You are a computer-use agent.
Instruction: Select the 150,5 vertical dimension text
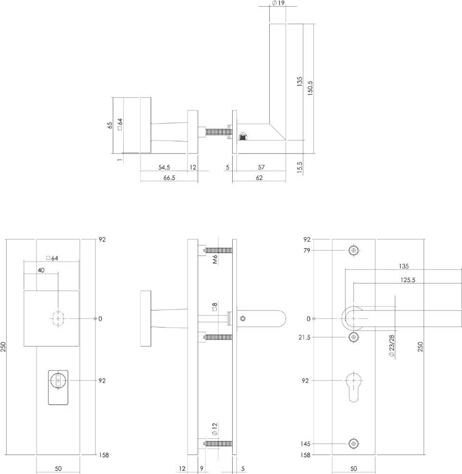[310, 88]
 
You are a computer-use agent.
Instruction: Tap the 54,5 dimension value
[164, 167]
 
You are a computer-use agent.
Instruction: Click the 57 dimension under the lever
[261, 167]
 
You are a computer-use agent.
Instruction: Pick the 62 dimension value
[259, 178]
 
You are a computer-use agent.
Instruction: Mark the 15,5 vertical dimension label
[299, 166]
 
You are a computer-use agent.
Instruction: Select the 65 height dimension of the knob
[110, 125]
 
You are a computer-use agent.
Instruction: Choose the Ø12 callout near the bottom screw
[214, 429]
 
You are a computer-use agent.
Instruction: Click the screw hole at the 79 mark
[353, 250]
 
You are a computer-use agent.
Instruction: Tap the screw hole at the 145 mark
[353, 444]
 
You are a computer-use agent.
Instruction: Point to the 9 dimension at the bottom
[201, 469]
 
